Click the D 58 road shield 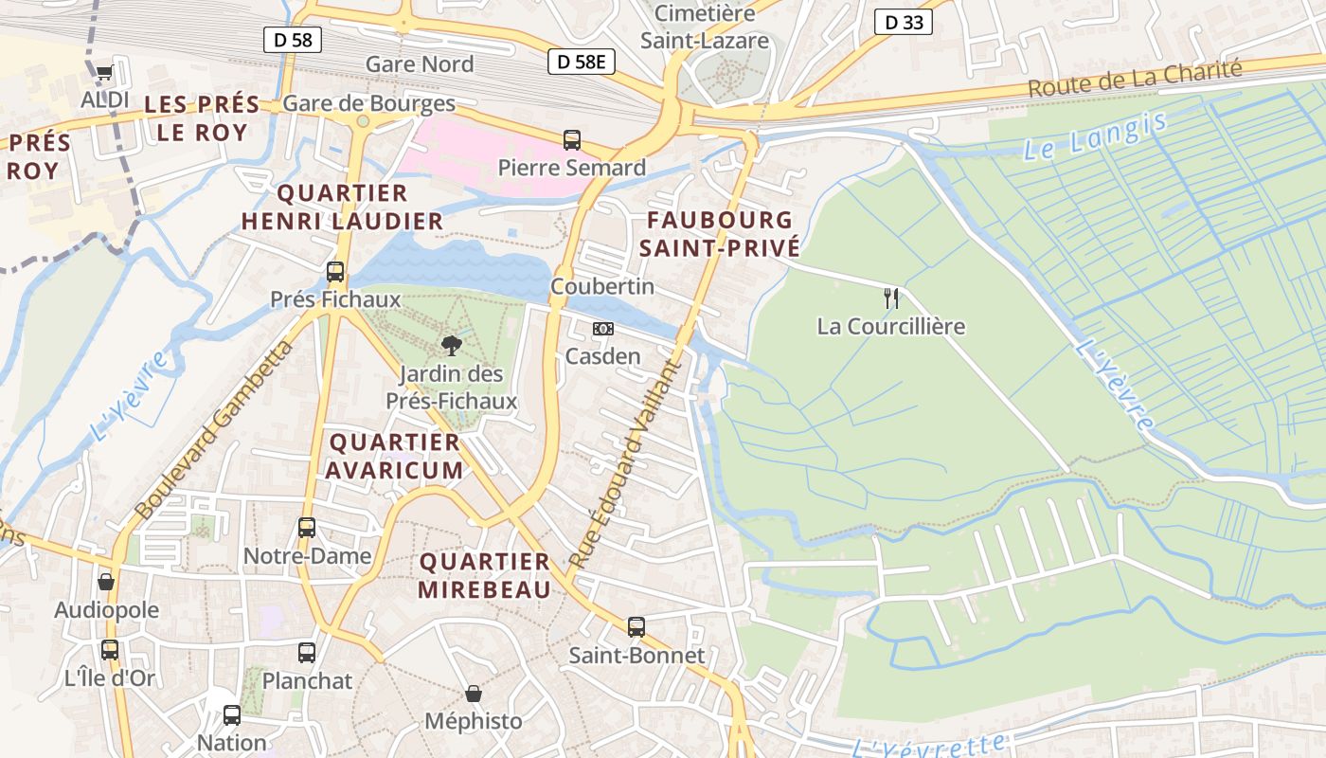point(293,40)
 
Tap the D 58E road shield point(581,62)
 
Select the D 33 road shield point(903,23)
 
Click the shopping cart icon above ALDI point(104,73)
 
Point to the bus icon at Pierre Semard point(572,140)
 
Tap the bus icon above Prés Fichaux point(335,272)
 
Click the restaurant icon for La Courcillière point(890,298)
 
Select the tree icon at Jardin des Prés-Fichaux point(452,346)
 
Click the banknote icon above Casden point(602,329)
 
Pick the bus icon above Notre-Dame point(307,528)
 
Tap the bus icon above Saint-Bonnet point(636,627)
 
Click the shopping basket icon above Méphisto point(474,694)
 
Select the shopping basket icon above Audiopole point(106,582)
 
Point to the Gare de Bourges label point(369,103)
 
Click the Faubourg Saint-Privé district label point(719,234)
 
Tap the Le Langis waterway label point(1096,135)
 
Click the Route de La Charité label point(1135,79)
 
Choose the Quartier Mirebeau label point(485,576)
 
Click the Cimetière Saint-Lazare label point(705,27)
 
